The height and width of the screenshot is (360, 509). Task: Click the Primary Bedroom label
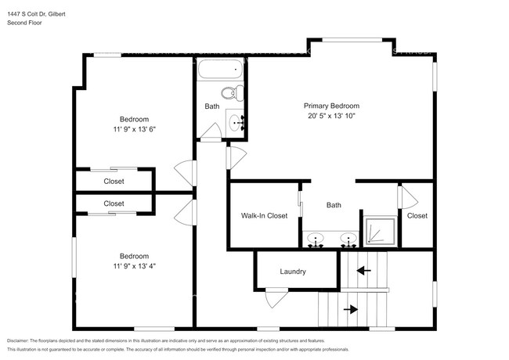pos(331,106)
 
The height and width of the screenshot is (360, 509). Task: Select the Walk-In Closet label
pos(263,216)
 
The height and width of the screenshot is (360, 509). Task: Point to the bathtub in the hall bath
pos(218,72)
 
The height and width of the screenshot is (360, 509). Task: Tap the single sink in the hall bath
pos(236,122)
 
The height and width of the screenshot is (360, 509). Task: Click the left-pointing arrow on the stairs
pos(363,271)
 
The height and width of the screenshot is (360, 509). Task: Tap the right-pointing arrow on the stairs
pos(350,308)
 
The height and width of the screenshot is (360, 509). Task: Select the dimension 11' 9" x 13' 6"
pos(134,130)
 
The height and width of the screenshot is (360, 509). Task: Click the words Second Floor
pos(24,23)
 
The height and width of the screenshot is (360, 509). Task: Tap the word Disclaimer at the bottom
pos(21,342)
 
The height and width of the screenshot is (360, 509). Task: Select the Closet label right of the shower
pos(417,216)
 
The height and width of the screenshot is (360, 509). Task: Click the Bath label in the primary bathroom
pos(334,206)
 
